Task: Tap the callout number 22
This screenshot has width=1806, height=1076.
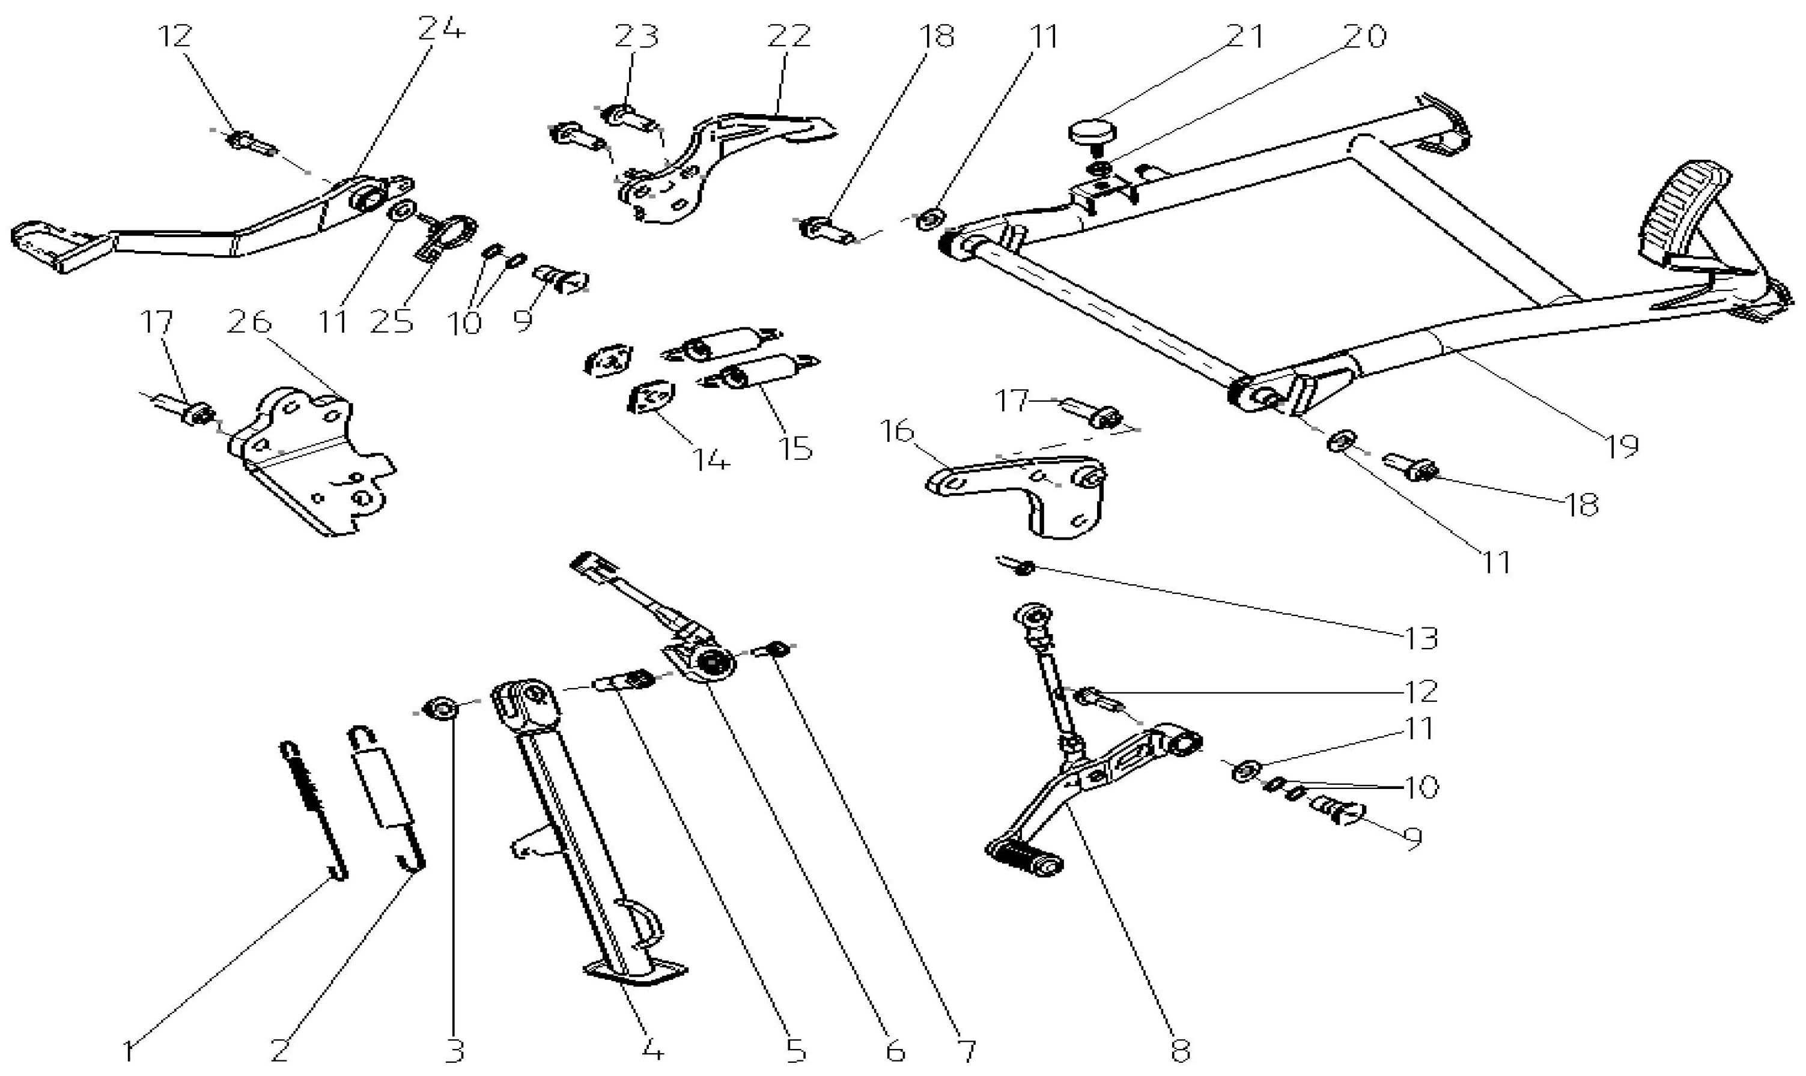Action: tap(788, 36)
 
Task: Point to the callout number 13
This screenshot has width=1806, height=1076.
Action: tap(1420, 638)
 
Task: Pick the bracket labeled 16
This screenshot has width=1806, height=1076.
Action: tap(1030, 489)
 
